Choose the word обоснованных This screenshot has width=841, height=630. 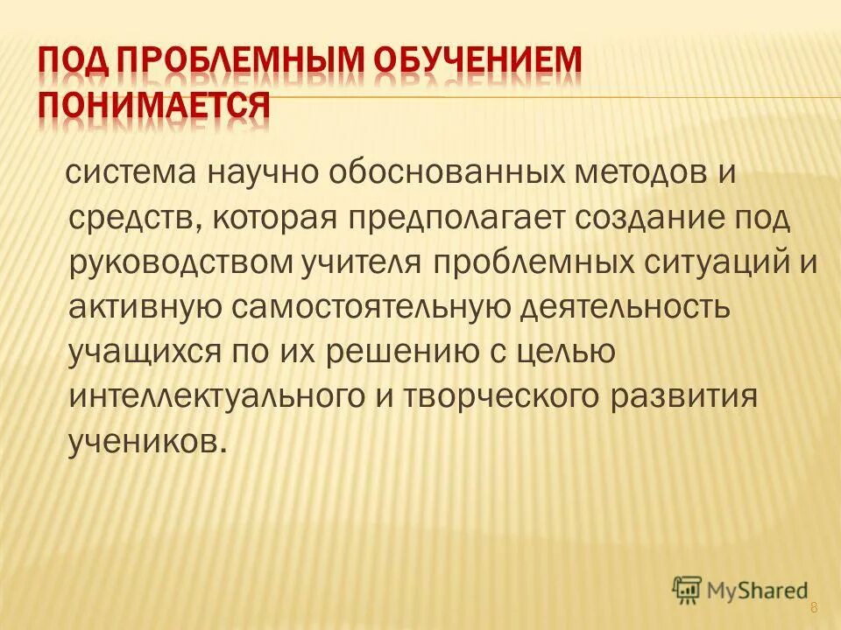pos(424,171)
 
